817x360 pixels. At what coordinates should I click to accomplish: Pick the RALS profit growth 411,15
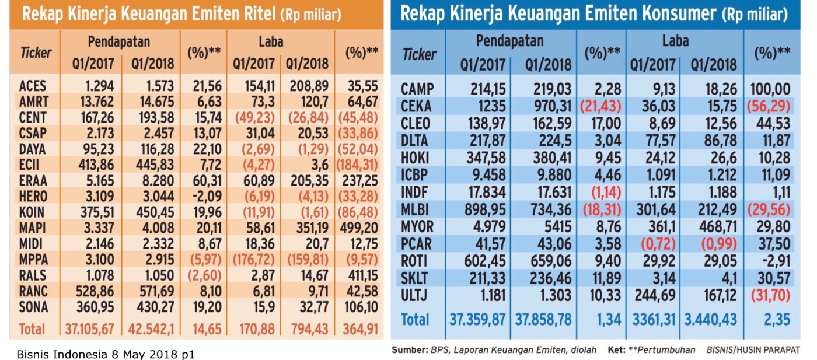pyautogui.click(x=358, y=275)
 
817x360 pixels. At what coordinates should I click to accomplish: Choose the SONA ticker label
pyautogui.click(x=33, y=307)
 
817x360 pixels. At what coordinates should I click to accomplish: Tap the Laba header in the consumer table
pyautogui.click(x=675, y=41)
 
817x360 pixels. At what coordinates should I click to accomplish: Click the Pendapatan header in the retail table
pyautogui.click(x=119, y=42)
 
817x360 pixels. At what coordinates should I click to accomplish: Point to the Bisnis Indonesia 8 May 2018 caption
pyautogui.click(x=106, y=354)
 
